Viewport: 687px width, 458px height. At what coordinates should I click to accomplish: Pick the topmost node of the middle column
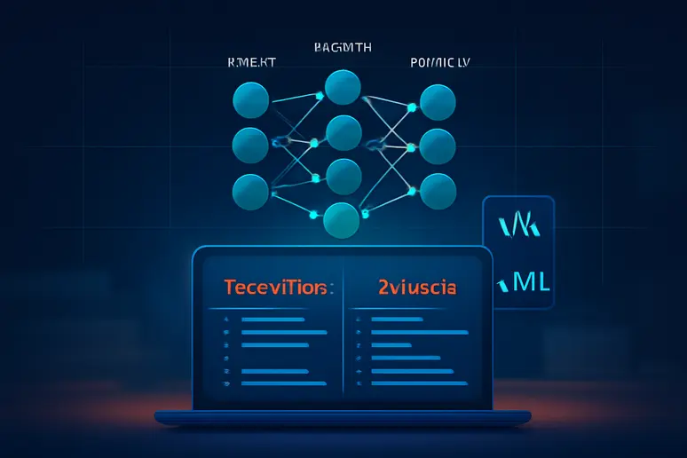coord(343,87)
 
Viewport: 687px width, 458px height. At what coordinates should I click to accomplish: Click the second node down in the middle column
coord(343,133)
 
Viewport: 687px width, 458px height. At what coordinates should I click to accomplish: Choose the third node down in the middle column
coord(343,174)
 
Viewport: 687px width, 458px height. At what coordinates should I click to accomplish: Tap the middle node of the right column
coord(437,144)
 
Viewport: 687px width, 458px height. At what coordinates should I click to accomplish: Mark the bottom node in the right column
coord(437,189)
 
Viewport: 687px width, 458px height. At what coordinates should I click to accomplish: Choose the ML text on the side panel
coord(523,283)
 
